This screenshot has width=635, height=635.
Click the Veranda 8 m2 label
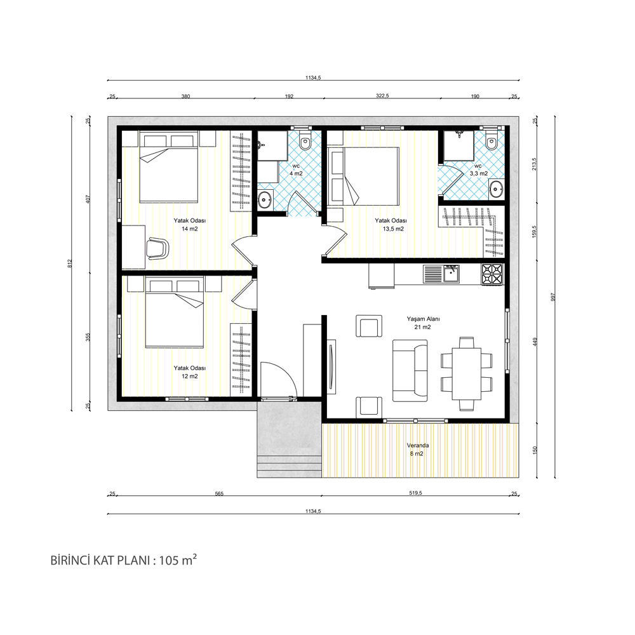418,450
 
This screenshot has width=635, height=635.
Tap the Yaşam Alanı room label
423,323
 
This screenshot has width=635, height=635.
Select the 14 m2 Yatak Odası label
189,225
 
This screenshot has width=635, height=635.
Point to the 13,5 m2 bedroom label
391,225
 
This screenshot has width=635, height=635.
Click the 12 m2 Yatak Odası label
189,372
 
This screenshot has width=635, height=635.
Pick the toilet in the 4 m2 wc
305,140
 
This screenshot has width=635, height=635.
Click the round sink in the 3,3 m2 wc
496,189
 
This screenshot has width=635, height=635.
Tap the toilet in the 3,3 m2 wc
491,140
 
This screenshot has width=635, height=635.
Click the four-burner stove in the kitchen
491,274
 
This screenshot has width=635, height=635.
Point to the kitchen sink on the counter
450,274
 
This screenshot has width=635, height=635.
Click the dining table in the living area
466,373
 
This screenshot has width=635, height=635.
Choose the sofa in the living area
410,371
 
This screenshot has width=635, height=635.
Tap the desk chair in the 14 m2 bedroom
157,248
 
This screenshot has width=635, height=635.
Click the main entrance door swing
279,379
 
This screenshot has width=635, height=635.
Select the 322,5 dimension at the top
382,96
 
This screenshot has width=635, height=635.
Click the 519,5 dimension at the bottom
415,493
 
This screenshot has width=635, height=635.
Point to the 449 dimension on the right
535,342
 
